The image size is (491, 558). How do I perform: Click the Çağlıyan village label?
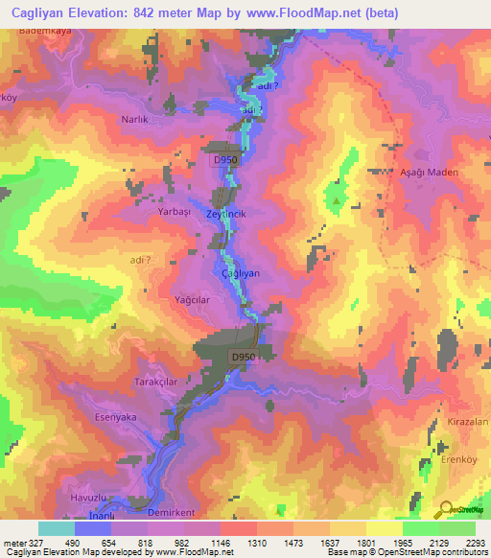point(241,273)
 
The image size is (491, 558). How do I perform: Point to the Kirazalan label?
point(468,423)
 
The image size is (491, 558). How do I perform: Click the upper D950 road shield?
point(224,160)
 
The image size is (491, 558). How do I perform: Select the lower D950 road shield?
point(242,357)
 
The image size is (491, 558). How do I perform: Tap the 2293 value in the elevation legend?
point(475,543)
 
